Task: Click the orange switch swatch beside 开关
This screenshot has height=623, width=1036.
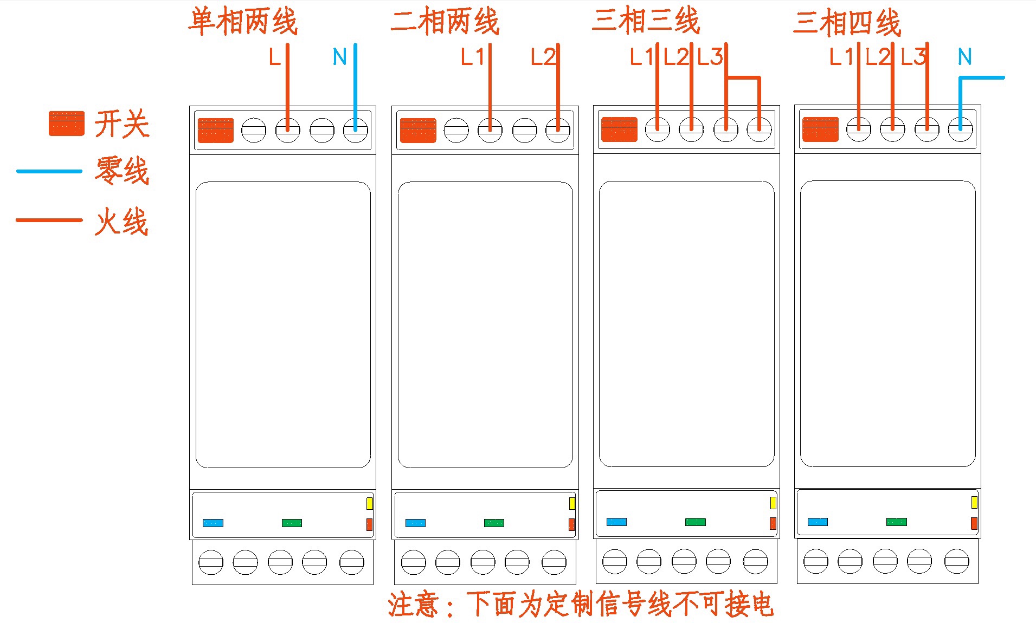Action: (66, 123)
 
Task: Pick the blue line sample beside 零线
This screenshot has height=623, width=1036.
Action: (49, 171)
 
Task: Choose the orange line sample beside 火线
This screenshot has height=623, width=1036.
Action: (49, 220)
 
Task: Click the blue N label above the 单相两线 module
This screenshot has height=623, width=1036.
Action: (339, 57)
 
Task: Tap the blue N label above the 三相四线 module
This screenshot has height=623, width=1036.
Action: (964, 57)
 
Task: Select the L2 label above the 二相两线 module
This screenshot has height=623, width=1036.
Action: (542, 57)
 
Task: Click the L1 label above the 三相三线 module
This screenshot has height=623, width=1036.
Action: (641, 57)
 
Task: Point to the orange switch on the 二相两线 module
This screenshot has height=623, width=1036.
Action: (417, 130)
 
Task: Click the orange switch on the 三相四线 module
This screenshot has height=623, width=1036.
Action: (820, 129)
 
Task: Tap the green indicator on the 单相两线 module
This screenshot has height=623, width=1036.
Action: (292, 523)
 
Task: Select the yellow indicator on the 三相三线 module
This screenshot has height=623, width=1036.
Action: (773, 503)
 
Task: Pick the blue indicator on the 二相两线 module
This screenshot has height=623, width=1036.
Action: (415, 523)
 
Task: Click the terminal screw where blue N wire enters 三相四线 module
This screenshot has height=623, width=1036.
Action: (960, 129)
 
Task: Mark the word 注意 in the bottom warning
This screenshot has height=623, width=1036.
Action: (413, 605)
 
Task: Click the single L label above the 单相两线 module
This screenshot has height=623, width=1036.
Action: (275, 57)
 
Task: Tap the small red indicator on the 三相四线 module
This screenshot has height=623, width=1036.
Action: (974, 523)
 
